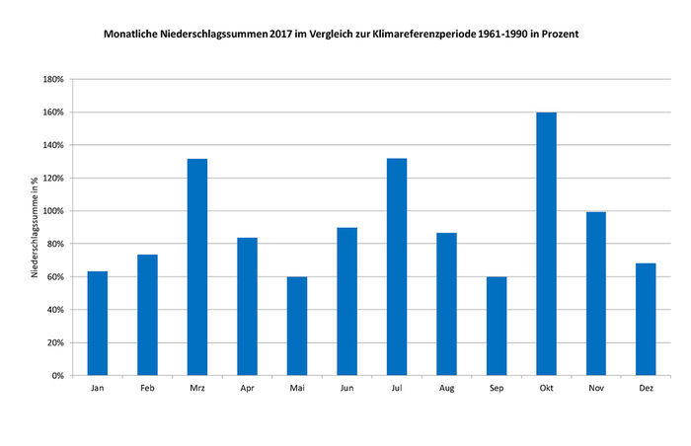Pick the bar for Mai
point(296,326)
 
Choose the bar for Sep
point(496,326)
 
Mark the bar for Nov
point(595,293)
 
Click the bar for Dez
point(646,319)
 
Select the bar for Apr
point(247,306)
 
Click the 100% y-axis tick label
point(53,211)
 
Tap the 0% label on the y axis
point(58,376)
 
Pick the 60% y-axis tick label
point(55,277)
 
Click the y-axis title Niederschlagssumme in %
point(36,227)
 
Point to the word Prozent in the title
point(556,34)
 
